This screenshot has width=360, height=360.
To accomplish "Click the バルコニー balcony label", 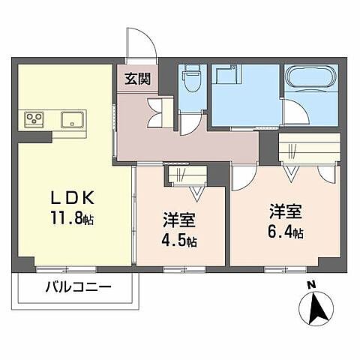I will pyautogui.click(x=77, y=286).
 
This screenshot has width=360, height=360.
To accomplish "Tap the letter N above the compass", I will pyautogui.click(x=311, y=285).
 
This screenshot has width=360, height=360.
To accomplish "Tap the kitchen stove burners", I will pyautogui.click(x=34, y=118).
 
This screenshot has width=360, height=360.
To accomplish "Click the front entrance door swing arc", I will pyautogui.click(x=140, y=43).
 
